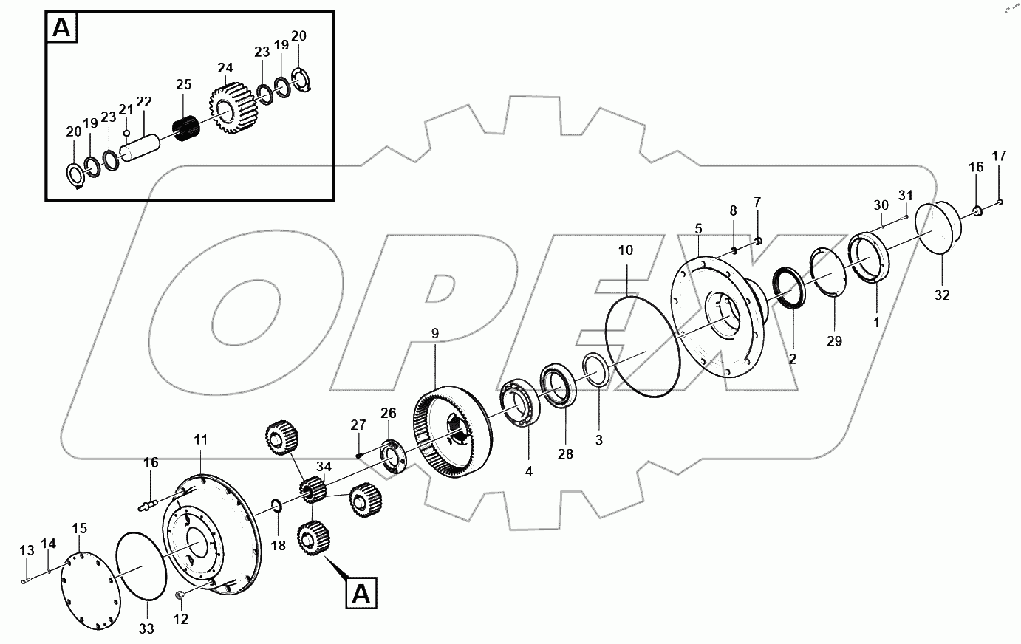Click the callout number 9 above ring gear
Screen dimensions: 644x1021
pos(435,334)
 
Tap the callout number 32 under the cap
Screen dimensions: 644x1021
pos(941,295)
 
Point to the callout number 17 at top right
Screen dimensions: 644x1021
pos(999,156)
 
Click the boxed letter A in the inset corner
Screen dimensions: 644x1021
pos(62,28)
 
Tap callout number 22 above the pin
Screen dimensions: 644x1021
pos(144,101)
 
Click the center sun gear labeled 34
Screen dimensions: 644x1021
pos(314,490)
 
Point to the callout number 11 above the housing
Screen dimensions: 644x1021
pos(201,440)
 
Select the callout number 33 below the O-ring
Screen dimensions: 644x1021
pos(147,628)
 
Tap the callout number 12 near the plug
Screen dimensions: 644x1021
pos(181,619)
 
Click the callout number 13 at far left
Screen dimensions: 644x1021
pos(27,550)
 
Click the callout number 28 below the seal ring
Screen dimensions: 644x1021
pos(565,455)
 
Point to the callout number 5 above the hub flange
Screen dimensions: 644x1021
pos(698,228)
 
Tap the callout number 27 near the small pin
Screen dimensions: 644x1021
pos(358,425)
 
